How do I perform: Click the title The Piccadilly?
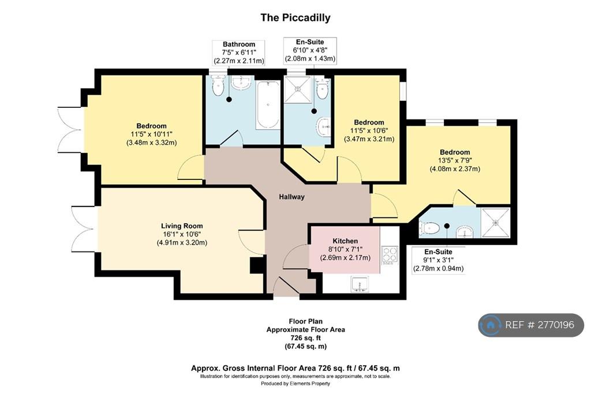(x=295, y=18)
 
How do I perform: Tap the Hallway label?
(x=291, y=197)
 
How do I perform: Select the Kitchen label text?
(x=345, y=241)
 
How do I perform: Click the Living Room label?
(x=182, y=226)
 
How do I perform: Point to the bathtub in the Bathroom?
(x=268, y=105)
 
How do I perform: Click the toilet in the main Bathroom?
(x=218, y=85)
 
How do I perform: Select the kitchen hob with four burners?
(x=390, y=254)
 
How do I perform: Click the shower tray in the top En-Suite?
(x=298, y=89)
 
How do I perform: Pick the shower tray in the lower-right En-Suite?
(x=495, y=223)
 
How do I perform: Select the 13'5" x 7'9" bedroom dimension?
(x=455, y=161)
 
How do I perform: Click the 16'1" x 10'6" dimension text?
(x=182, y=234)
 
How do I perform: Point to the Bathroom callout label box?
(x=238, y=52)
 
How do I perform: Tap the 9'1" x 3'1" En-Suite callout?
(x=439, y=260)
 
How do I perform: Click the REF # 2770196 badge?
(x=531, y=325)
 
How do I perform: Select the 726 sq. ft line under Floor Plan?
(x=305, y=338)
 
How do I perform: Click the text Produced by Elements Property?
(x=295, y=384)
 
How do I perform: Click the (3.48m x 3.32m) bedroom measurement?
(x=152, y=143)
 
